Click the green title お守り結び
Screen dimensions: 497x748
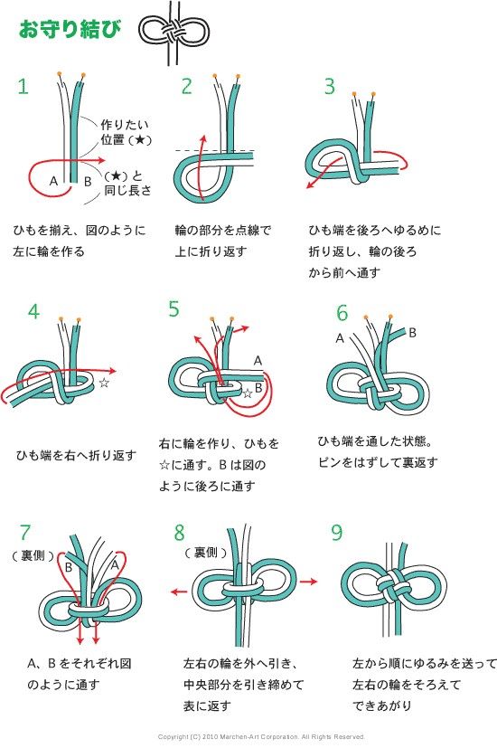point(70,29)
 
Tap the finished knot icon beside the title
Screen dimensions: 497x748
point(173,33)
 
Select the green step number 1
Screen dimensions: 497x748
point(23,86)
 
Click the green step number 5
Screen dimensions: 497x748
point(173,309)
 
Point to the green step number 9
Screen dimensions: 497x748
point(337,532)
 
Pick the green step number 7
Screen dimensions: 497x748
point(24,532)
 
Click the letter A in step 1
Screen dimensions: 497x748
point(54,181)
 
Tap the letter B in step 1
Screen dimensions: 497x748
point(88,181)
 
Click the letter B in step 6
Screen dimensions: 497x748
point(413,333)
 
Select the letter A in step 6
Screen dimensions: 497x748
point(340,338)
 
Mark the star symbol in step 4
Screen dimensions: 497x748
point(104,382)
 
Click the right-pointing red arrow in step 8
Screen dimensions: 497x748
point(308,582)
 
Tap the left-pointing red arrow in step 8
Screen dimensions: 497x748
point(179,592)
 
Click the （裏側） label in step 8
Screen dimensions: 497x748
point(206,553)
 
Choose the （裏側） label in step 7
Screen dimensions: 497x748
point(33,555)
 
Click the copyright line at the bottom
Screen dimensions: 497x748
point(261,737)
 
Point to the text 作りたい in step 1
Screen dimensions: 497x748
point(125,125)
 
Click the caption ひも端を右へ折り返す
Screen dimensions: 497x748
point(76,456)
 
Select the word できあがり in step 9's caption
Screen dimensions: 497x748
point(382,705)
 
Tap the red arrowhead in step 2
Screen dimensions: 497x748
point(203,139)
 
